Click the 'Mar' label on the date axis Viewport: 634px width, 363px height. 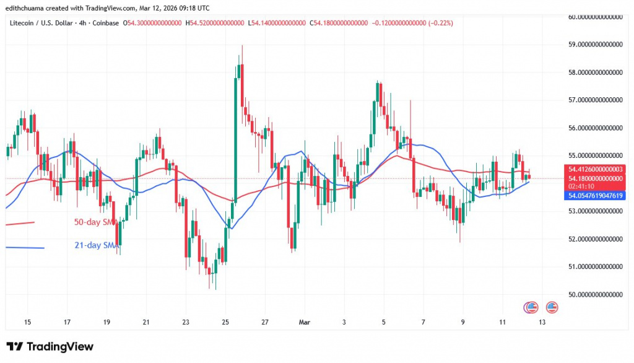coord(305,322)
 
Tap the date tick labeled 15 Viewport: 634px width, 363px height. coord(27,322)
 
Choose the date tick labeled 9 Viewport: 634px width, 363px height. coord(462,322)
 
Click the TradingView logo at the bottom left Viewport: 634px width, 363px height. coord(50,346)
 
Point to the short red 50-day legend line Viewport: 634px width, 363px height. coord(20,223)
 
